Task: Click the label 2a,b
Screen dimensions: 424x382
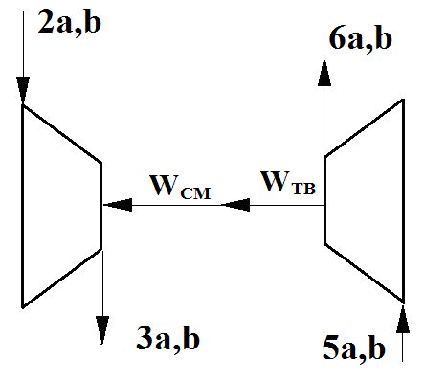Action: (69, 24)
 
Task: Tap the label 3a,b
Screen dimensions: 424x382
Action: (167, 339)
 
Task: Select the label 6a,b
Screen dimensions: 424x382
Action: (361, 39)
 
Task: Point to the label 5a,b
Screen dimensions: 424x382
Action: (354, 349)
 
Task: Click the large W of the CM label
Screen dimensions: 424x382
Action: (165, 186)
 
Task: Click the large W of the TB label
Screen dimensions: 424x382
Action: (277, 181)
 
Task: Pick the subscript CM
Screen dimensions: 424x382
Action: (195, 193)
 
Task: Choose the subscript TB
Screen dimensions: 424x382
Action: (303, 190)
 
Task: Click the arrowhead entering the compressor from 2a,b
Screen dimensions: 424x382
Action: (23, 90)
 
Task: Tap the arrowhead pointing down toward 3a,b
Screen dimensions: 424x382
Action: (102, 329)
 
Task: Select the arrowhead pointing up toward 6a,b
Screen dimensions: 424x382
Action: (324, 73)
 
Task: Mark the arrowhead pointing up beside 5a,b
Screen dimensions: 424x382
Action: (403, 319)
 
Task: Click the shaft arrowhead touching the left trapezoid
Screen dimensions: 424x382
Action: (118, 205)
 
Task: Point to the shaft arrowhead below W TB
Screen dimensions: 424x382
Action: (235, 205)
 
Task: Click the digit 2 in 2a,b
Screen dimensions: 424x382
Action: (46, 24)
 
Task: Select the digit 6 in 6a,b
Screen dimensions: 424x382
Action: (337, 39)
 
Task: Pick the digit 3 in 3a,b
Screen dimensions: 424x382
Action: (145, 339)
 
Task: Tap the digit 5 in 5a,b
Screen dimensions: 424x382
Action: (330, 348)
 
